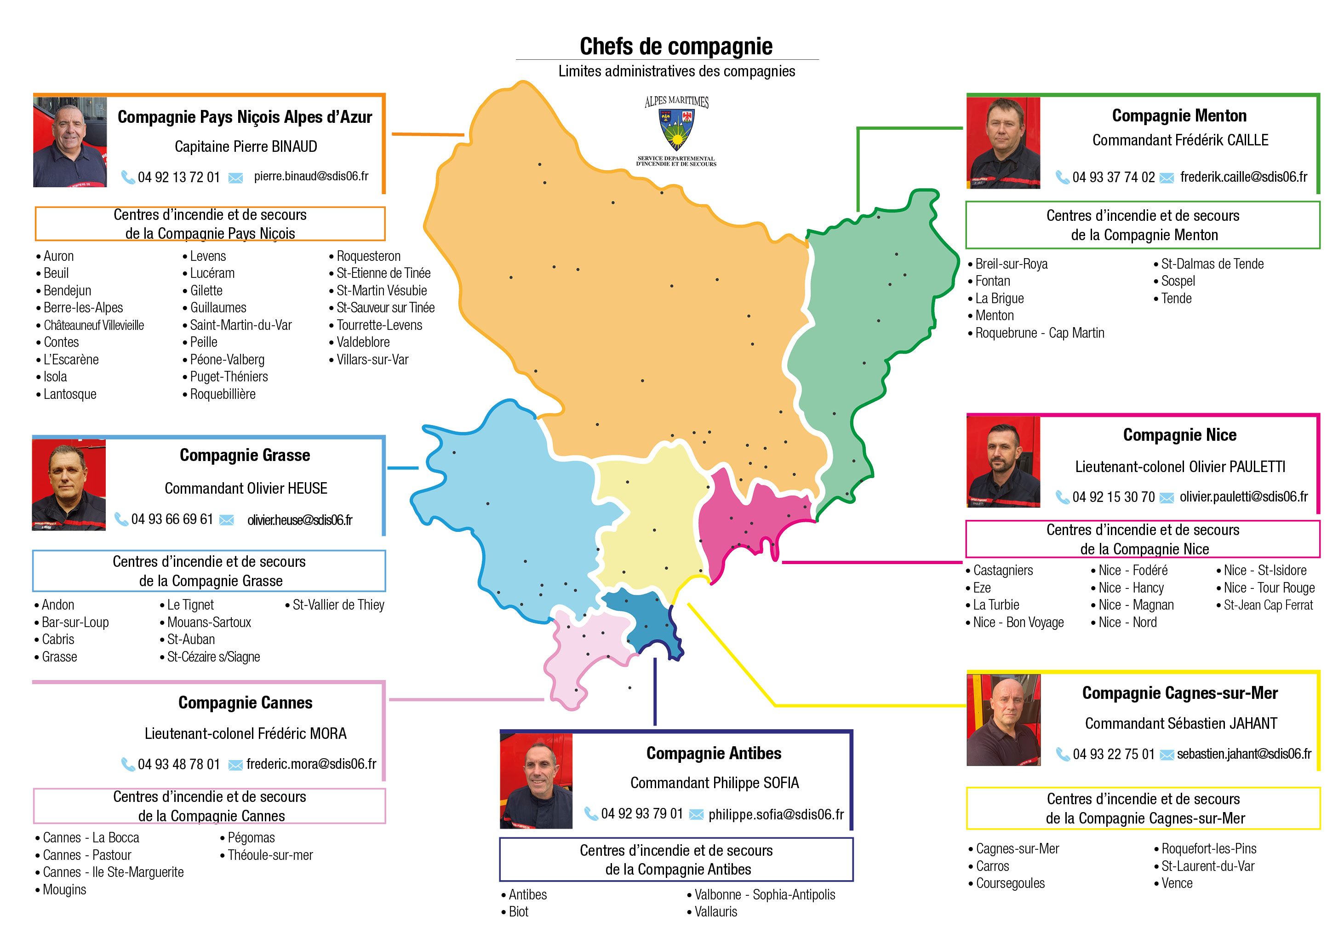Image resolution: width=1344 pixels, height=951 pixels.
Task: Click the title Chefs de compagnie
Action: click(675, 46)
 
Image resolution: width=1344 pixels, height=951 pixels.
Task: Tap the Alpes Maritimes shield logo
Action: click(677, 130)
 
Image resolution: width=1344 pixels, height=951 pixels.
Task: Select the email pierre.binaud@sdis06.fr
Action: click(311, 176)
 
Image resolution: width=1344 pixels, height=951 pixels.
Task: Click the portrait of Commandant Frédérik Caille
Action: click(1003, 144)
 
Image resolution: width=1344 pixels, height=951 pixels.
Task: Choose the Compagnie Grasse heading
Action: click(245, 455)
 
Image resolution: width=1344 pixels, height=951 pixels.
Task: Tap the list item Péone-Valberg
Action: click(227, 359)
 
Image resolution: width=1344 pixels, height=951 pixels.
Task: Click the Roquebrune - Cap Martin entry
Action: click(1039, 333)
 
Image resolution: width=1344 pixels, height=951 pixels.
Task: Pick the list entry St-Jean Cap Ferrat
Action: click(1268, 605)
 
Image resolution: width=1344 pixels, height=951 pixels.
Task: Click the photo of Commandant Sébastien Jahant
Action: click(1003, 720)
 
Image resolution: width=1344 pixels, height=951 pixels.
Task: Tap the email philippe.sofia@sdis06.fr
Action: click(776, 814)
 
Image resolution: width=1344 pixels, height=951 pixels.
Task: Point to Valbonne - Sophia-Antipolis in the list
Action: click(765, 894)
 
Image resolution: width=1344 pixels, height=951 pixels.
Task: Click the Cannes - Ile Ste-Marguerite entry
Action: click(113, 872)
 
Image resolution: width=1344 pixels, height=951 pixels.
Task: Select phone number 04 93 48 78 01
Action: click(178, 764)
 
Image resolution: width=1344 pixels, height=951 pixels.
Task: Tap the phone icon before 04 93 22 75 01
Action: click(1063, 754)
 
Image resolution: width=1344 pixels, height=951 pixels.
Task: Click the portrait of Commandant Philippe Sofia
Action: click(536, 781)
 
